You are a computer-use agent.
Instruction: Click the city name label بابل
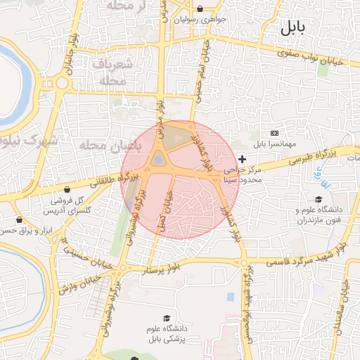point(293,29)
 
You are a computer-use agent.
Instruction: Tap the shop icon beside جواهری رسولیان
point(201,9)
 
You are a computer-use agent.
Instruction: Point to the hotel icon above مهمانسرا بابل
point(274,133)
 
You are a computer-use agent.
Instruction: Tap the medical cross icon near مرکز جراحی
point(243,160)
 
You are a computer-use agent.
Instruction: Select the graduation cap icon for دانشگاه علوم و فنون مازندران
point(319,199)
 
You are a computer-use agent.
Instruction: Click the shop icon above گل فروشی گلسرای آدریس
point(67,189)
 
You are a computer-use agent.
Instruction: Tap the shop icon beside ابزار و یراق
point(19,219)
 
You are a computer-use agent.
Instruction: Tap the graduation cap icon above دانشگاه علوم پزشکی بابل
point(166,319)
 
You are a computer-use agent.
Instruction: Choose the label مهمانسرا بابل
point(274,144)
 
